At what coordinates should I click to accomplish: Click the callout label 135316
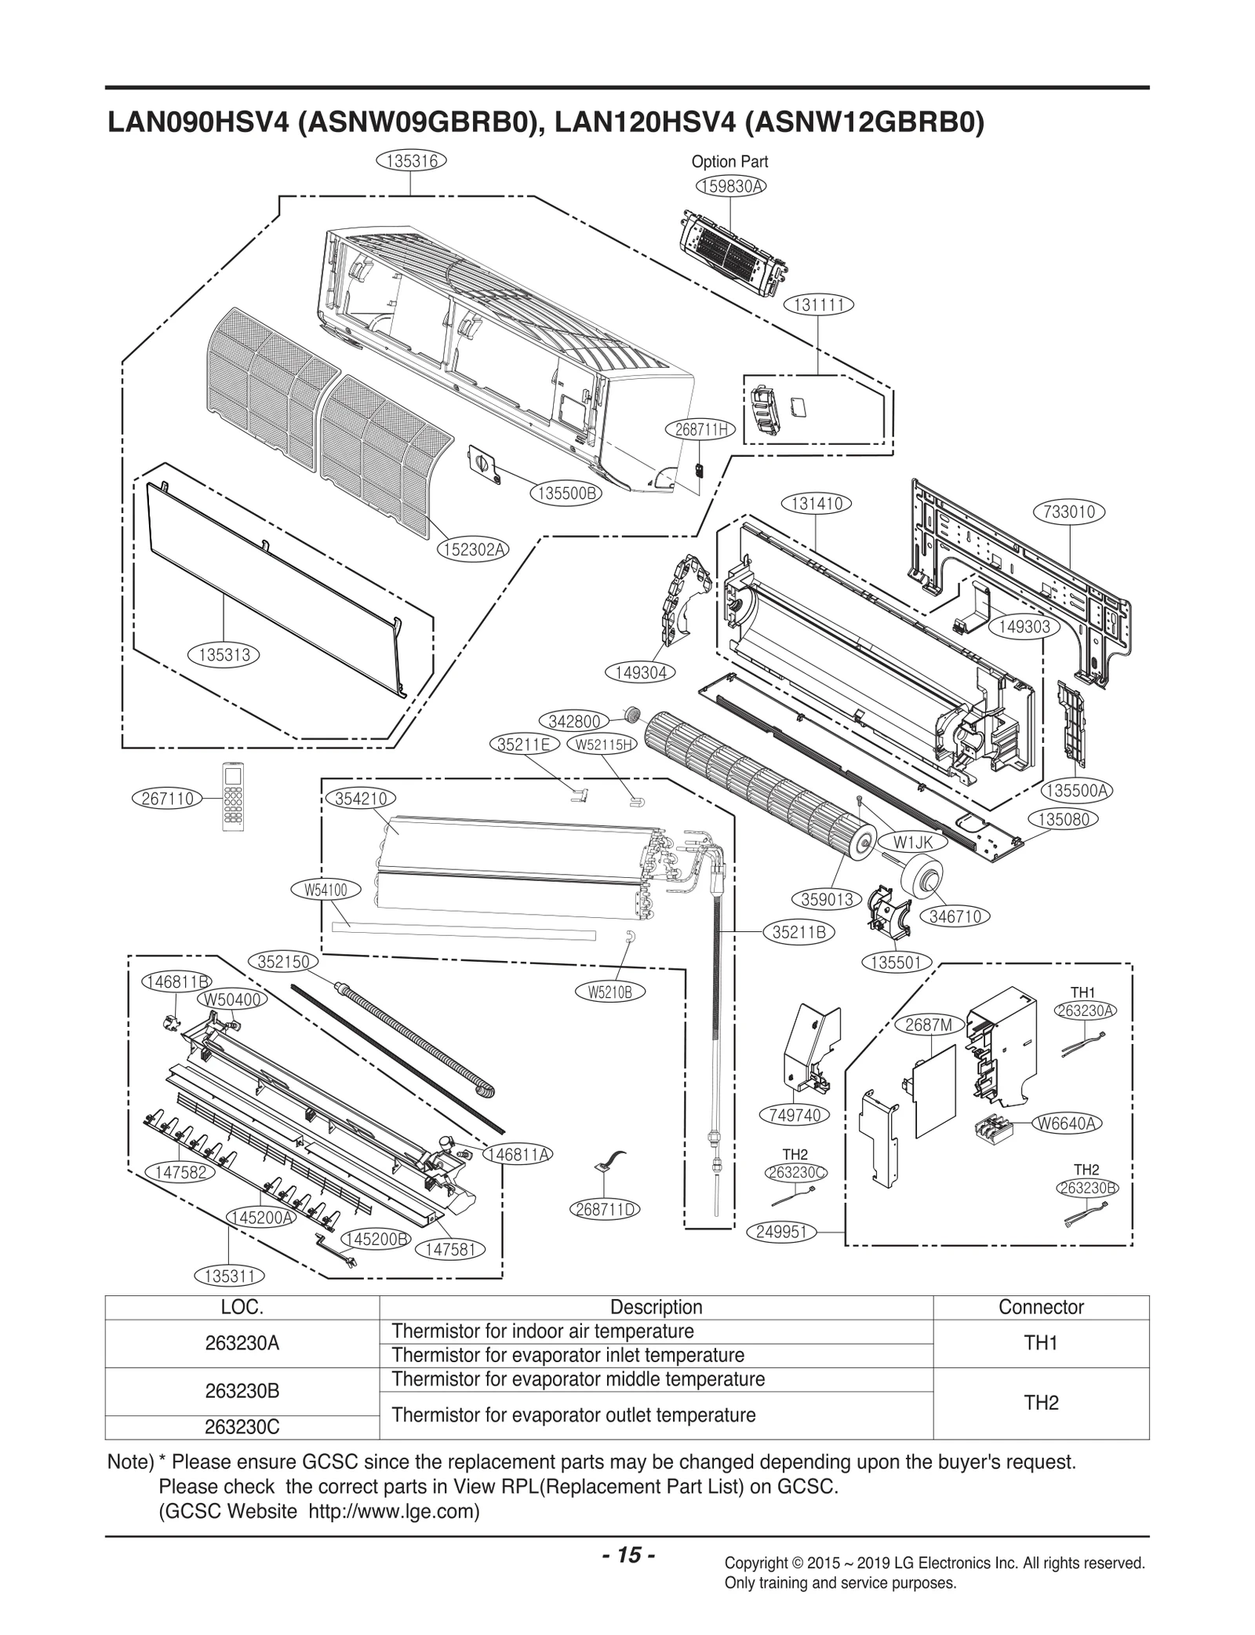click(x=412, y=161)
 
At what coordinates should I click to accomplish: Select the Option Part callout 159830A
click(x=731, y=186)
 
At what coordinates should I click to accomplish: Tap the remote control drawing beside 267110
click(x=234, y=796)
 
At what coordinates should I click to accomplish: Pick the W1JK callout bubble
click(x=912, y=843)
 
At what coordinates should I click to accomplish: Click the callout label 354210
click(x=360, y=799)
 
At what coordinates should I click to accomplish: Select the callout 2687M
click(x=929, y=1025)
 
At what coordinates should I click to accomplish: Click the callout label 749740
click(x=795, y=1114)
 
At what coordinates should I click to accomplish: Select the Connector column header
click(x=1041, y=1307)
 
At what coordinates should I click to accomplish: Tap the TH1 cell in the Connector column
click(x=1041, y=1343)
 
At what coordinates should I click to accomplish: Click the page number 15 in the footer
click(x=628, y=1554)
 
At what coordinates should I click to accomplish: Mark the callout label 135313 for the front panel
click(x=224, y=654)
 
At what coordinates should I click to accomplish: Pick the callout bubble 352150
click(x=283, y=962)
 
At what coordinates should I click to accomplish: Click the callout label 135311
click(x=227, y=1276)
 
